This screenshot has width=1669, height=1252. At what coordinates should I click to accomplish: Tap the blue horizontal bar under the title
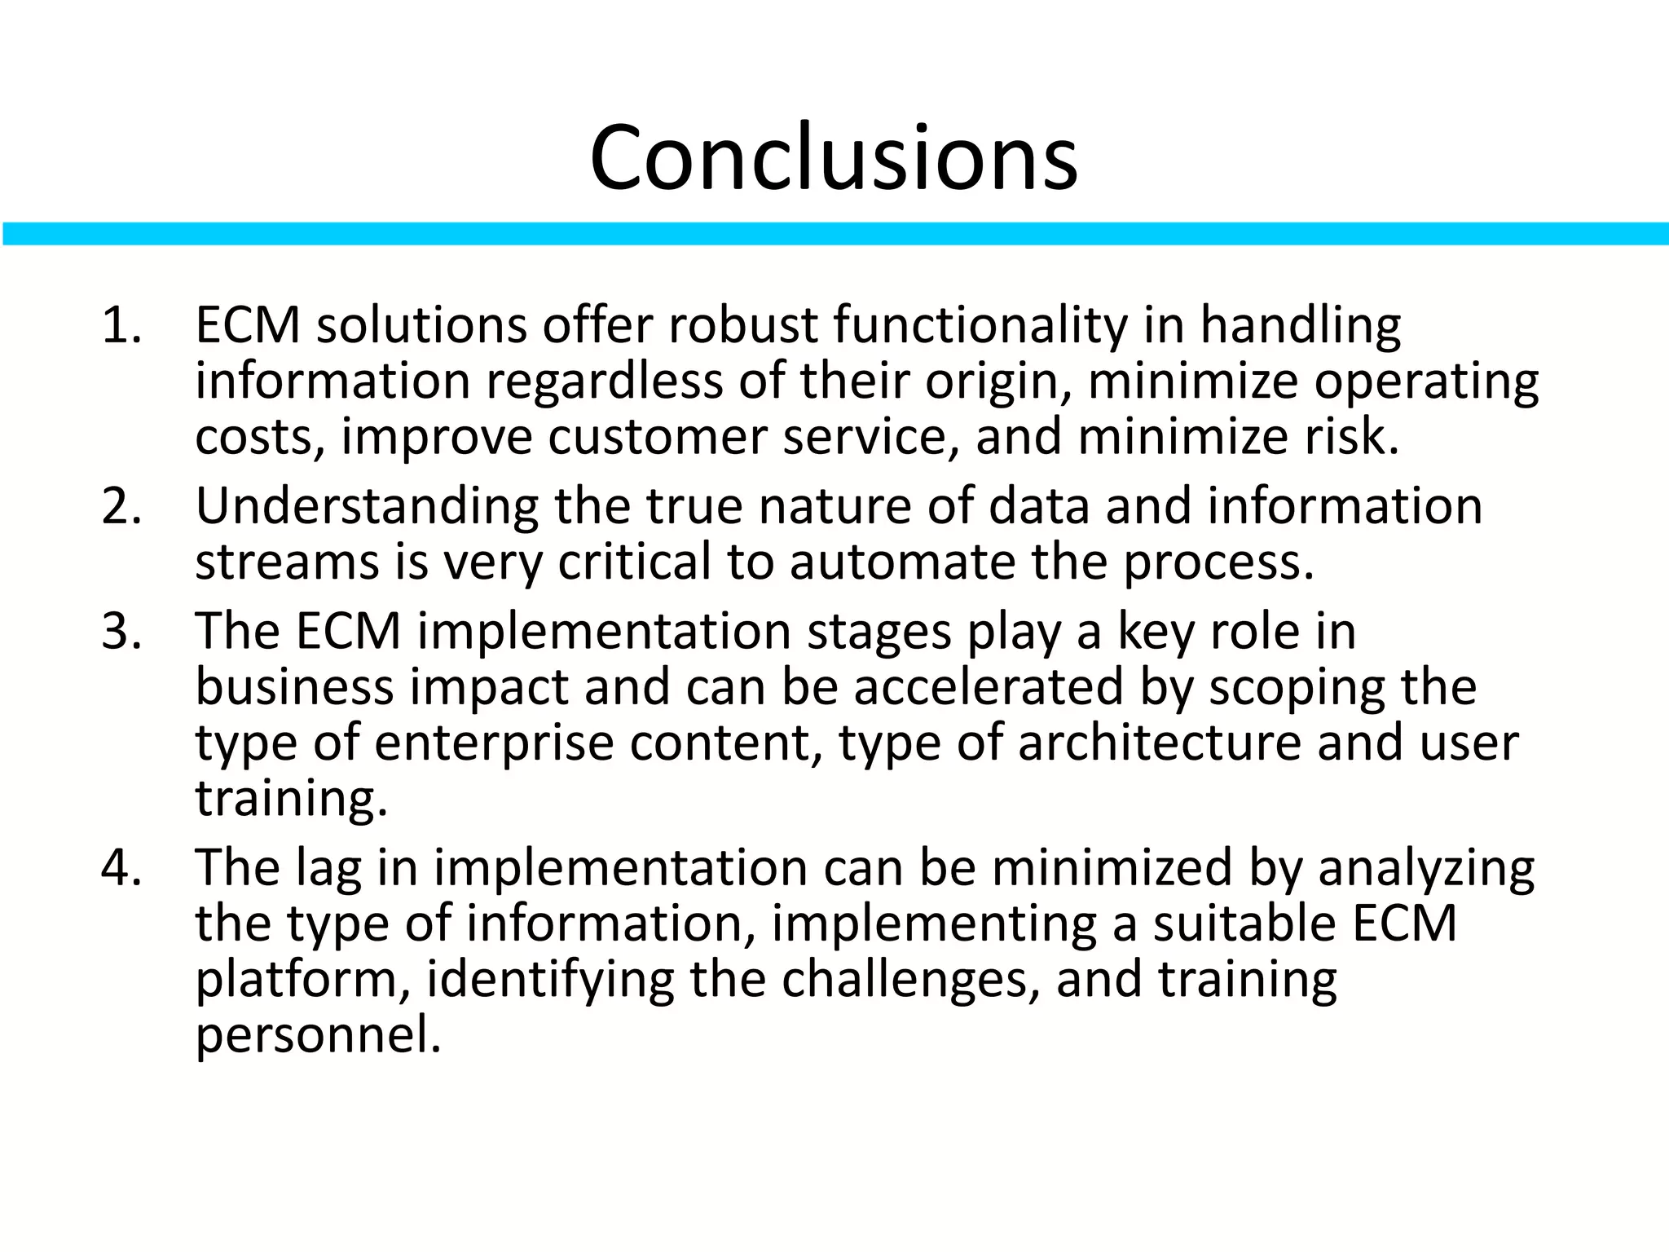[834, 233]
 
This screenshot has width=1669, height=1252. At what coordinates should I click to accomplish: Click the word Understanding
[367, 506]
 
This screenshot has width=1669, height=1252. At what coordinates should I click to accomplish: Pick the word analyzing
[1426, 869]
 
